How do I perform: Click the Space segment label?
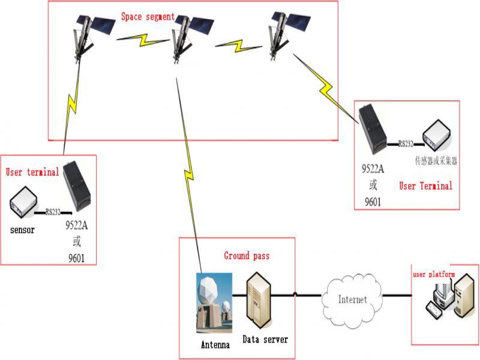click(x=148, y=17)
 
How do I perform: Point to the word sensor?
click(x=22, y=230)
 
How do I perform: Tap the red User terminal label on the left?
click(x=32, y=172)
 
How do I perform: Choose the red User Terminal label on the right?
click(x=425, y=185)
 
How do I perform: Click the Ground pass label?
click(x=247, y=256)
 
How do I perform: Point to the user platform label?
click(x=433, y=274)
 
